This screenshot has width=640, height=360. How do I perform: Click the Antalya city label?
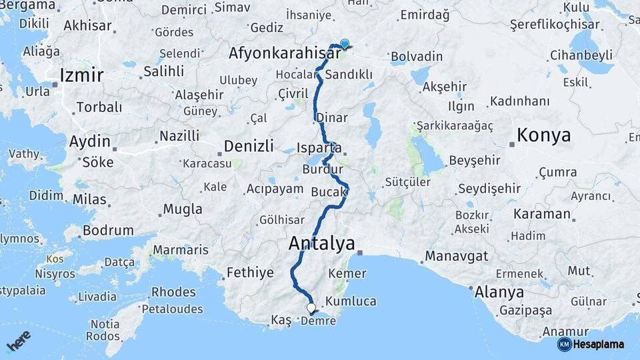pyautogui.click(x=321, y=244)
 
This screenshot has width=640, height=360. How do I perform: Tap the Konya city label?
pyautogui.click(x=543, y=135)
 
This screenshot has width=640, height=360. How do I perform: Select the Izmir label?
pyautogui.click(x=81, y=75)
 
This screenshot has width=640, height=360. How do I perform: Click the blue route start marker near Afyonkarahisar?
pyautogui.click(x=344, y=44)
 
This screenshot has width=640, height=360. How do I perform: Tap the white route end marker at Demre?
pyautogui.click(x=311, y=308)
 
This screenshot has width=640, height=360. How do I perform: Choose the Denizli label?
pyautogui.click(x=249, y=145)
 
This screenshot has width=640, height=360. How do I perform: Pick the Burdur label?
pyautogui.click(x=322, y=169)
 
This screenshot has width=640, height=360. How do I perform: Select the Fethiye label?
pyautogui.click(x=250, y=272)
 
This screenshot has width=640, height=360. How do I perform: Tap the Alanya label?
pyautogui.click(x=499, y=292)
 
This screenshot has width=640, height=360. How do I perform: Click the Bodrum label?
pyautogui.click(x=108, y=230)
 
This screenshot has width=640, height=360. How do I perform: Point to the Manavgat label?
pyautogui.click(x=457, y=256)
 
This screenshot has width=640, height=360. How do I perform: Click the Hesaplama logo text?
pyautogui.click(x=598, y=345)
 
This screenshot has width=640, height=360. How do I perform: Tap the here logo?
pyautogui.click(x=19, y=341)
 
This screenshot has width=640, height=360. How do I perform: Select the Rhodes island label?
pyautogui.click(x=173, y=292)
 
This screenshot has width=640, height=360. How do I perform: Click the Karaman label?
pyautogui.click(x=542, y=214)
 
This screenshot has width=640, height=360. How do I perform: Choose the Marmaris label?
pyautogui.click(x=180, y=251)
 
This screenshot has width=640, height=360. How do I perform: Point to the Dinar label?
pyautogui.click(x=332, y=117)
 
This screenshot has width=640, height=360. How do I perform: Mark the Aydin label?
pyautogui.click(x=89, y=141)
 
